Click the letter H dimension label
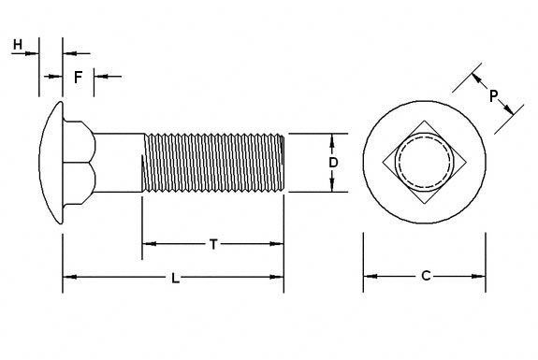pos(17,44)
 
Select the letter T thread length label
pos(213,245)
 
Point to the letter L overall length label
pos(174,278)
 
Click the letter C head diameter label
pos(425,276)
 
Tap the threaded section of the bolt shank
pos(213,163)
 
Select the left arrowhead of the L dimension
pos(68,277)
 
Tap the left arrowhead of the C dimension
pos(368,276)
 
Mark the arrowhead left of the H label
pos(33,52)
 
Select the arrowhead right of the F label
pos(99,76)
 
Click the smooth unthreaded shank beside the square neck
pos(120,163)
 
